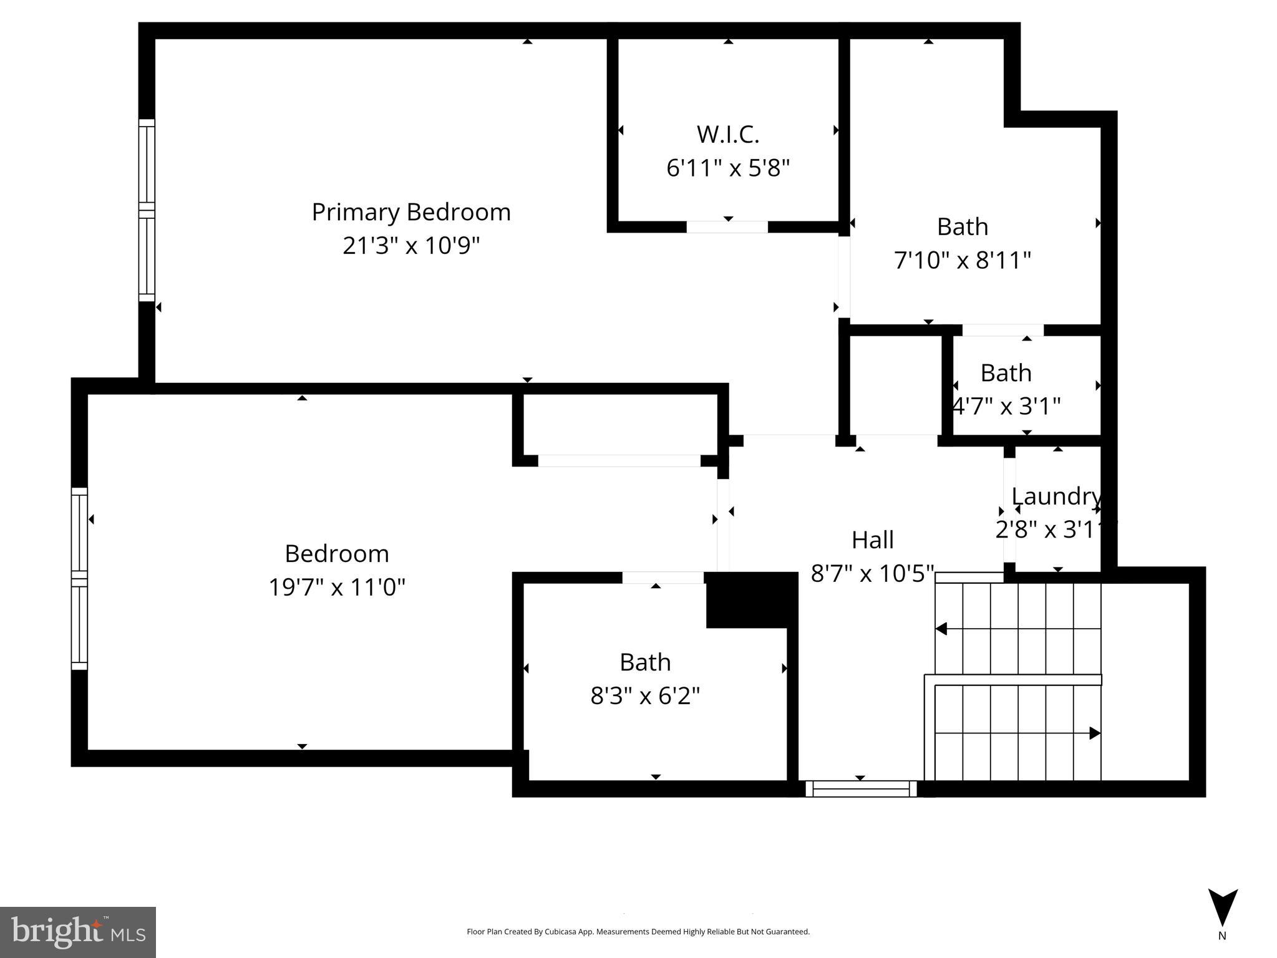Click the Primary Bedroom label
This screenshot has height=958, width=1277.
(x=411, y=212)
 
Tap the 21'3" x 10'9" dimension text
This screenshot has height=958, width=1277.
(x=411, y=246)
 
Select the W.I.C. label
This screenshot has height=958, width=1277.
(x=727, y=134)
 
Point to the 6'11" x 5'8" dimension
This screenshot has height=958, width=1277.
(x=727, y=168)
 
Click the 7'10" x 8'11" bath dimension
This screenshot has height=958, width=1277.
(x=962, y=260)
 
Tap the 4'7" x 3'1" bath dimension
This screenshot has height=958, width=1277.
(x=1006, y=406)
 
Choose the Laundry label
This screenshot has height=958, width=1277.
(x=1056, y=496)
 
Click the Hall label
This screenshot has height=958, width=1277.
(x=872, y=539)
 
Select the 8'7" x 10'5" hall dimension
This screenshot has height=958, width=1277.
(x=872, y=573)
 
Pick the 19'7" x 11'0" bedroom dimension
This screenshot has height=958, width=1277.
(x=337, y=587)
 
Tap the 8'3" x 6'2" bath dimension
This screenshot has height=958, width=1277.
(x=645, y=695)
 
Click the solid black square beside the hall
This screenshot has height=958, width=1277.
(x=751, y=600)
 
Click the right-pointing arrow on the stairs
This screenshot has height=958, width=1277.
(x=1094, y=733)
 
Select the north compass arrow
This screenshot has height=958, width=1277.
(x=1222, y=908)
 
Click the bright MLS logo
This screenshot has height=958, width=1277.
(x=77, y=932)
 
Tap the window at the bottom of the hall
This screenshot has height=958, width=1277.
(x=861, y=789)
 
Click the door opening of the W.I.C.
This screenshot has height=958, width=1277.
(x=727, y=227)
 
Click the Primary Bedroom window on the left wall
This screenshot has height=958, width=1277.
(x=146, y=210)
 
